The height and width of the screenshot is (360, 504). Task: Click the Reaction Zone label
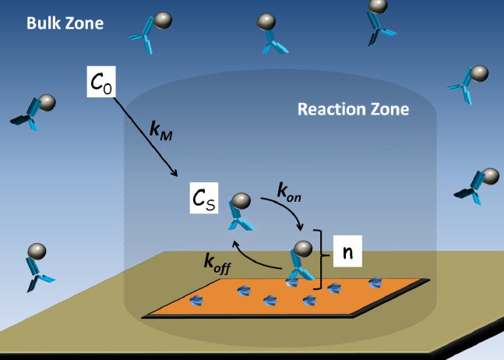click(x=353, y=109)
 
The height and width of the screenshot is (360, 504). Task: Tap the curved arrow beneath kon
click(x=285, y=210)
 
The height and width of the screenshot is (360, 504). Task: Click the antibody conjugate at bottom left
click(x=36, y=266)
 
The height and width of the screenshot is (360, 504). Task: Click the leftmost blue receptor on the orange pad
click(x=196, y=300)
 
